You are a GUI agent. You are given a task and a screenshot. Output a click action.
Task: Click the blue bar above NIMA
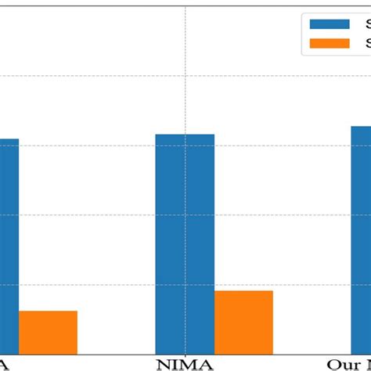tap(185, 243)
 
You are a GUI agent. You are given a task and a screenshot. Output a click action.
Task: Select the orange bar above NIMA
tap(243, 322)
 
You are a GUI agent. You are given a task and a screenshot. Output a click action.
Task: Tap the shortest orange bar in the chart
tap(48, 332)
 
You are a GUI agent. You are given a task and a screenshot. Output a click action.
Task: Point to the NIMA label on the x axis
tap(185, 364)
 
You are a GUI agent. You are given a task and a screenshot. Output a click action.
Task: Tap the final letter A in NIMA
tap(205, 364)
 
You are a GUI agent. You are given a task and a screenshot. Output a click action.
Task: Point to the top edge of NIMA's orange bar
tap(243, 291)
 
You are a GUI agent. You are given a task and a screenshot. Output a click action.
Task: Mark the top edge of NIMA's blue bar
tap(185, 135)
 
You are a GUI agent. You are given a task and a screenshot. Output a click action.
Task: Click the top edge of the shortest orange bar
tap(48, 312)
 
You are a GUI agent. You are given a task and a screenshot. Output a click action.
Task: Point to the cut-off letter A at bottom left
tap(5, 364)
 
